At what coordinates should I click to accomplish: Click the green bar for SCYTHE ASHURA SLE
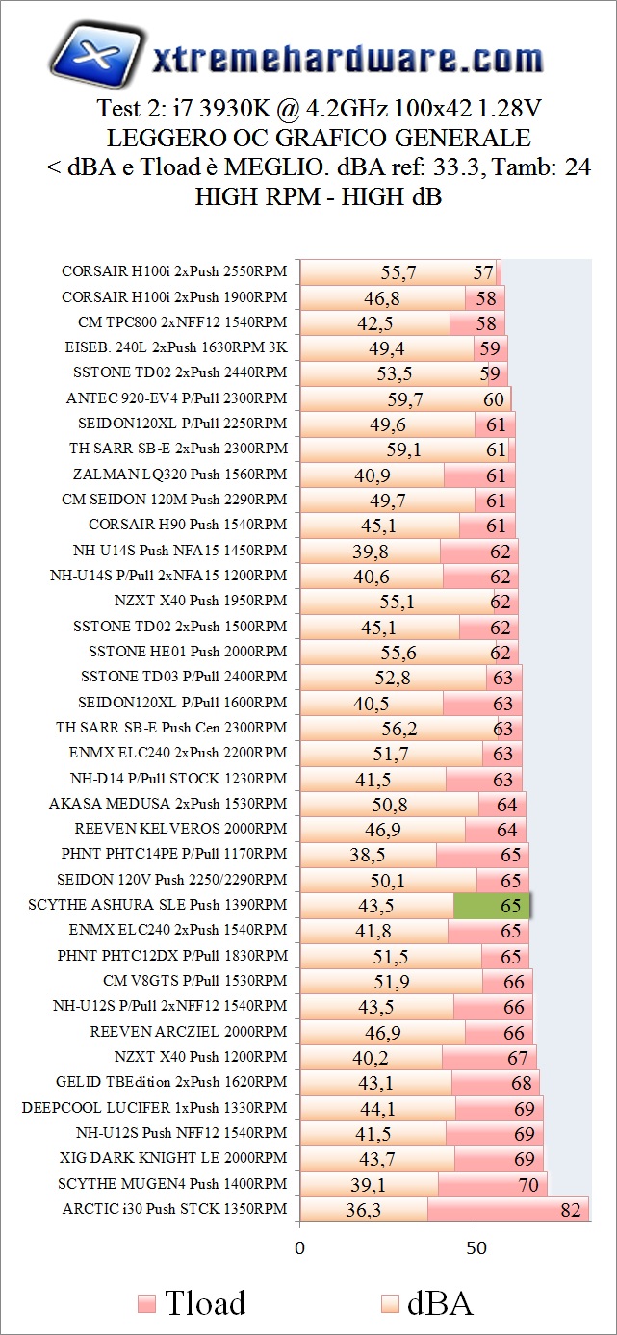point(491,906)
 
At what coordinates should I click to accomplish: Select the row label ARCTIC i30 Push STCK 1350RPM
point(174,1209)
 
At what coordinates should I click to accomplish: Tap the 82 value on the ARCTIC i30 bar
point(571,1210)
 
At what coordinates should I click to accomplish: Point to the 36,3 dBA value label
point(363,1210)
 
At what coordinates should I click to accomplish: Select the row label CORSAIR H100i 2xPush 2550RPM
point(174,271)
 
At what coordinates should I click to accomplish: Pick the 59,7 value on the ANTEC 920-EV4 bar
point(405,398)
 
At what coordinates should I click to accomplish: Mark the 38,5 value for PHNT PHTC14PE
point(368,855)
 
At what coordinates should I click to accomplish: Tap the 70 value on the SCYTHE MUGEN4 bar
point(528,1185)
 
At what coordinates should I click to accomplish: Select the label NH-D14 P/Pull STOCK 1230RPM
point(178,778)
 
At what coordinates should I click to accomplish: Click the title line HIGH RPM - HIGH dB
point(319,197)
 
